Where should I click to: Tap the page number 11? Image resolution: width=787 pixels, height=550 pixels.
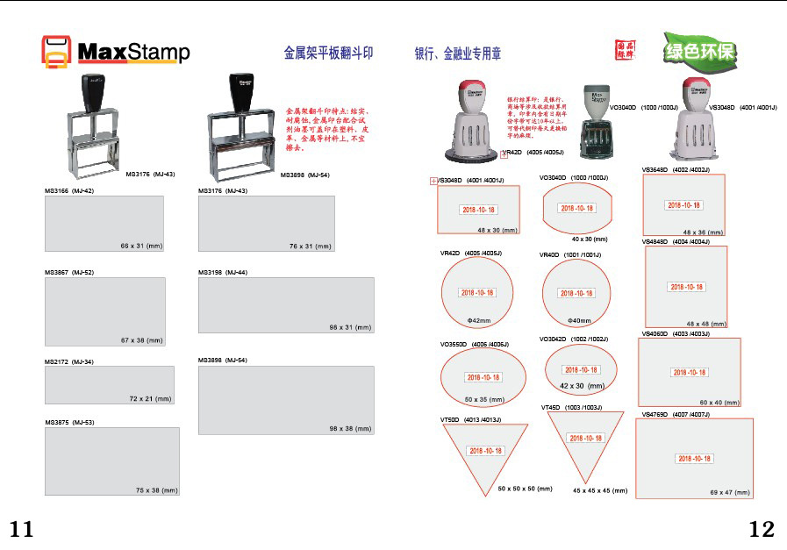[22, 529]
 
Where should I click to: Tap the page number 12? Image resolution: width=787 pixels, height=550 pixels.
[762, 529]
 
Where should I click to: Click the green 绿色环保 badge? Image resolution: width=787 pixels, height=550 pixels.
[699, 52]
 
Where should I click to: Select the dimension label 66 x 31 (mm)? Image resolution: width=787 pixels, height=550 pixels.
[140, 246]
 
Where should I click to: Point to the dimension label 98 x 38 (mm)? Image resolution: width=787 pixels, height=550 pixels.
[351, 429]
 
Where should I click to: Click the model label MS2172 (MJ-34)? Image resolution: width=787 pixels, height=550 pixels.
[69, 361]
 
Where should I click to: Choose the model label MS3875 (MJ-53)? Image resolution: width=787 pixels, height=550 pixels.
[69, 423]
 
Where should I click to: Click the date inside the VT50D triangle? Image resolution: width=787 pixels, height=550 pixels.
[486, 450]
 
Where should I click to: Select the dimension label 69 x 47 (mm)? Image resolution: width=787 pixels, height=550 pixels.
[730, 493]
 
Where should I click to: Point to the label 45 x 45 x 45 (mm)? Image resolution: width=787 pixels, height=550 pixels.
[600, 490]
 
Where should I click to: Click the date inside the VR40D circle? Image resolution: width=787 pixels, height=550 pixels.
[576, 293]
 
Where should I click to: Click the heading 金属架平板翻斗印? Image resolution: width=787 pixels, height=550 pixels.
[328, 54]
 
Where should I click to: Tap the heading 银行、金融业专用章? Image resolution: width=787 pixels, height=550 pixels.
[458, 54]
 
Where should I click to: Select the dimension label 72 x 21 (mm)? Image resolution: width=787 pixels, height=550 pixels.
[150, 398]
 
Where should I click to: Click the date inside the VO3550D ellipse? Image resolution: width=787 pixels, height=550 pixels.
[483, 377]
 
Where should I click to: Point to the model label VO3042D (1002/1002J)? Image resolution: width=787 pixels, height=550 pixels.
[574, 339]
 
